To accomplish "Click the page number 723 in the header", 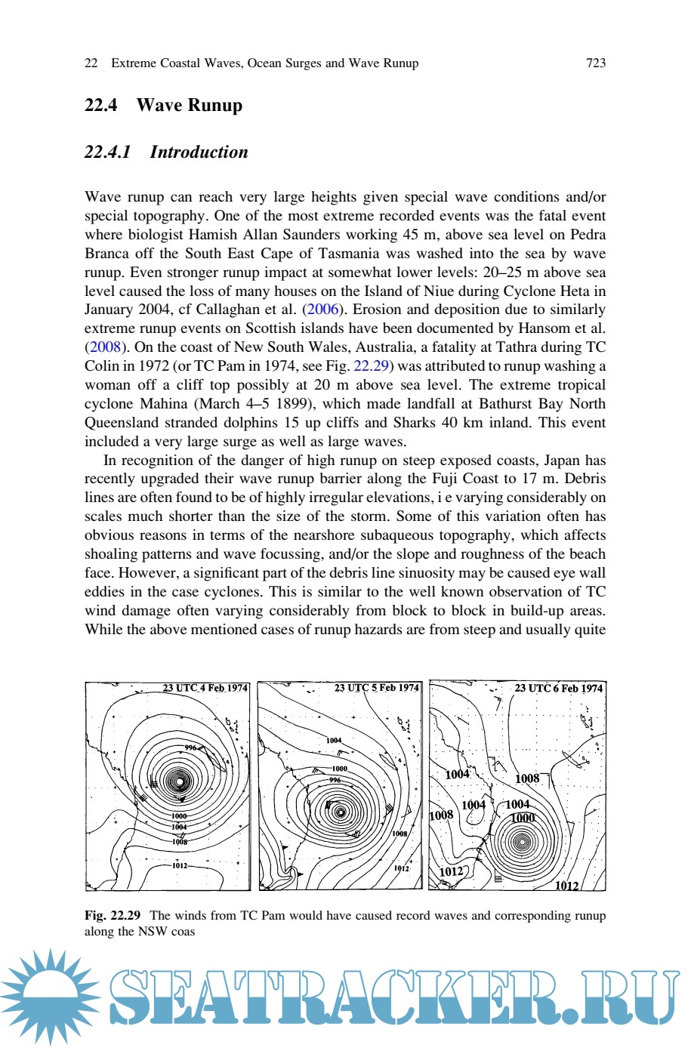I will [595, 63].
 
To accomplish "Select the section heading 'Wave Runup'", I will [189, 106].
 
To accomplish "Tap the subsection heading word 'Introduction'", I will [199, 153].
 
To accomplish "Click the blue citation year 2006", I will [322, 310].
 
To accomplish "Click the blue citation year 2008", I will [104, 347].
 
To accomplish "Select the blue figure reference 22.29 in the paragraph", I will [372, 366].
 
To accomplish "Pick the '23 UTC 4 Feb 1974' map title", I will [205, 688].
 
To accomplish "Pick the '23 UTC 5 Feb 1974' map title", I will [376, 688].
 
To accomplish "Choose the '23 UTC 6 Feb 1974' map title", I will [558, 688].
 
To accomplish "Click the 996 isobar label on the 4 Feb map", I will [191, 748].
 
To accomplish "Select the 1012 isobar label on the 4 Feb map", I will [179, 865].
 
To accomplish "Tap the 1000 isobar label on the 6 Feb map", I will [523, 818].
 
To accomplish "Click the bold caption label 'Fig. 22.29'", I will [113, 916].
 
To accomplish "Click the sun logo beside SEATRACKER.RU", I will [50, 997].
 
